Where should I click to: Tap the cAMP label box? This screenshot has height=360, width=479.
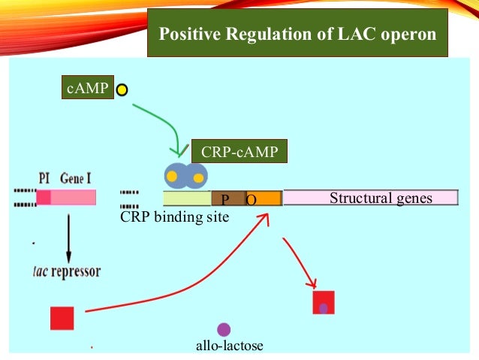coord(86,89)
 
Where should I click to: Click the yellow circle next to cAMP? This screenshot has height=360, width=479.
coord(122,90)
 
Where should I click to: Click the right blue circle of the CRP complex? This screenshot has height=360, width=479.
coord(197,177)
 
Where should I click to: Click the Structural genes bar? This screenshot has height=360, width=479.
coord(371,198)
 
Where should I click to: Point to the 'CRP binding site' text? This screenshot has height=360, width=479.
coord(174,216)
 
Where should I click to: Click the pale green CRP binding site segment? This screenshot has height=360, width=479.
coord(187,198)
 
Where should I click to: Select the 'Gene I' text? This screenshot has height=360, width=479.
coord(77,179)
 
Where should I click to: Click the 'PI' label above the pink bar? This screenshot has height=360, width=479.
coord(44,179)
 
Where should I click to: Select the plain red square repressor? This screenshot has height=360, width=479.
coord(62,318)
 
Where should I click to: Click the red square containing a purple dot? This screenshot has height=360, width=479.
coord(323,302)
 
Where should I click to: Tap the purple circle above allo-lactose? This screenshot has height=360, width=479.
coord(224,328)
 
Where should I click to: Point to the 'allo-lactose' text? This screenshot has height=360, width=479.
coord(229,346)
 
